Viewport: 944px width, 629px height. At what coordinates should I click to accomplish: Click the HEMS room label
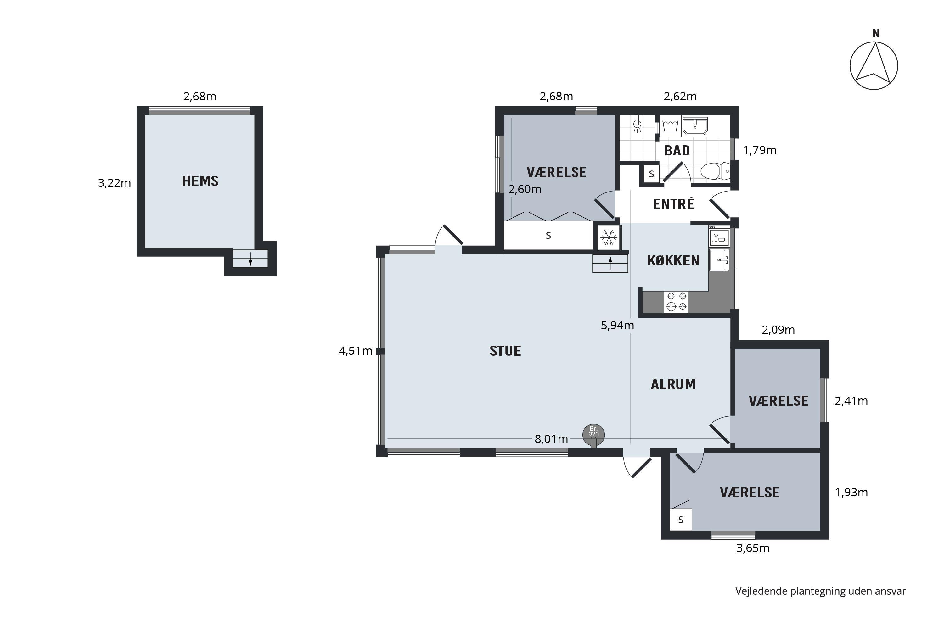tap(200, 181)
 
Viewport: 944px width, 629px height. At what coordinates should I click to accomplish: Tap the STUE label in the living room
tap(505, 351)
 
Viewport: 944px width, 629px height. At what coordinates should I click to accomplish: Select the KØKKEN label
tap(673, 261)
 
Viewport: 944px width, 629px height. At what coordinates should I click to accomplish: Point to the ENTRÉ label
tap(673, 204)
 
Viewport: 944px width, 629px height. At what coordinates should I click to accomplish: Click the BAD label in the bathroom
tap(677, 150)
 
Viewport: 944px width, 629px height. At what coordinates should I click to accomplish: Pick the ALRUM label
tap(673, 384)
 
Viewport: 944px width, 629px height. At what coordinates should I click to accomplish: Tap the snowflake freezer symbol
tap(609, 237)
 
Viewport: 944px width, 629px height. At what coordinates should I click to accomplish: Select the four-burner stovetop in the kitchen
tap(676, 302)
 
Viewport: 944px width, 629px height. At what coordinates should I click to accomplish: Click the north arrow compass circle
tap(874, 66)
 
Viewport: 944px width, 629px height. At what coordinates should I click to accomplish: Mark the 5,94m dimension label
tap(617, 325)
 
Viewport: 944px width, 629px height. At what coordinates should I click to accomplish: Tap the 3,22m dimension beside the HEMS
tap(115, 183)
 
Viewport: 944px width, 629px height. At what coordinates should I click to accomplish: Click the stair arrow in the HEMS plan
tap(250, 259)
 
